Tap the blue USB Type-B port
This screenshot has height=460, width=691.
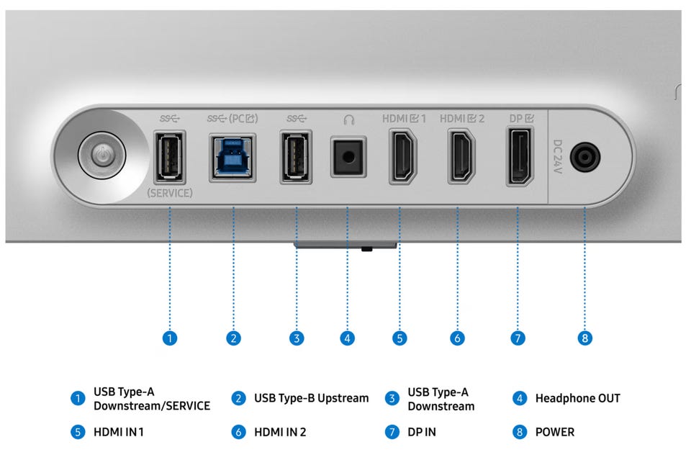pyautogui.click(x=232, y=155)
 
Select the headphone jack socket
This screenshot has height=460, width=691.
pyautogui.click(x=349, y=155)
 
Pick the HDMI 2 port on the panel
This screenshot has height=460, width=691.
pyautogui.click(x=461, y=155)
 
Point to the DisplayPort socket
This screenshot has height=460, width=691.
pyautogui.click(x=519, y=155)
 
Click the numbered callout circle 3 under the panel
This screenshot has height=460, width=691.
pyautogui.click(x=296, y=337)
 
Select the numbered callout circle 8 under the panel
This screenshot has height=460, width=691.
pyautogui.click(x=585, y=337)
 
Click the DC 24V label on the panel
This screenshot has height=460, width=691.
pyautogui.click(x=558, y=155)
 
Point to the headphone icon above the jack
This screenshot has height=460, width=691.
pyautogui.click(x=349, y=119)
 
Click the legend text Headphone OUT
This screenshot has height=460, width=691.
pyautogui.click(x=577, y=398)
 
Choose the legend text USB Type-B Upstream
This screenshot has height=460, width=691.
pyautogui.click(x=311, y=398)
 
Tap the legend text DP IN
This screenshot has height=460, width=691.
pyautogui.click(x=422, y=432)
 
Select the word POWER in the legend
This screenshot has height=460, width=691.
pyautogui.click(x=554, y=432)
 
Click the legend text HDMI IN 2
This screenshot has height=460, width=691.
pyautogui.click(x=280, y=432)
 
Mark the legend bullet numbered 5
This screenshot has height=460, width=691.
pyautogui.click(x=77, y=432)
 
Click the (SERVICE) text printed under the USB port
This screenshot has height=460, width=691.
pyautogui.click(x=170, y=193)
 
